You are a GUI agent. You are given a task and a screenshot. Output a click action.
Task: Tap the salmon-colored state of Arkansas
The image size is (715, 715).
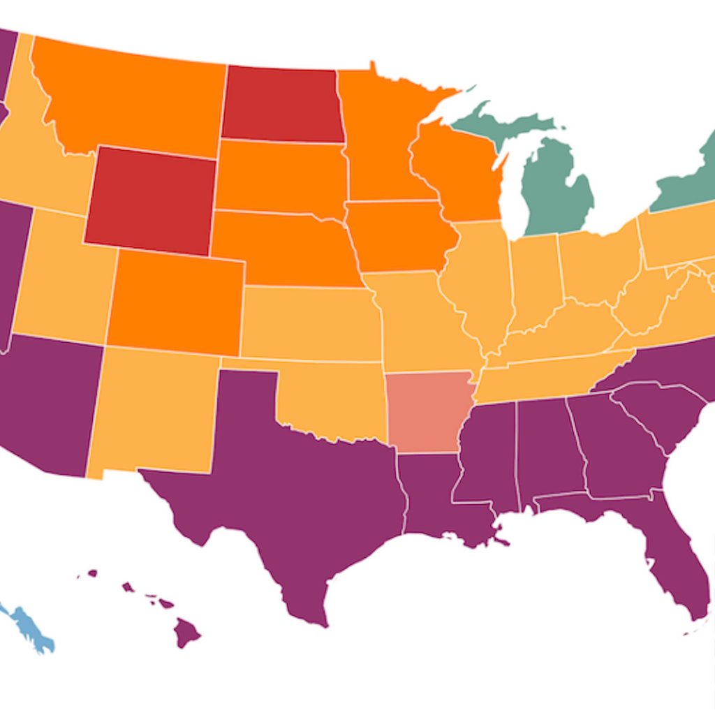pyautogui.click(x=427, y=412)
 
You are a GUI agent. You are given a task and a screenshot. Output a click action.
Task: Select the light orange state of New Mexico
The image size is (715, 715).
pyautogui.click(x=154, y=412)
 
